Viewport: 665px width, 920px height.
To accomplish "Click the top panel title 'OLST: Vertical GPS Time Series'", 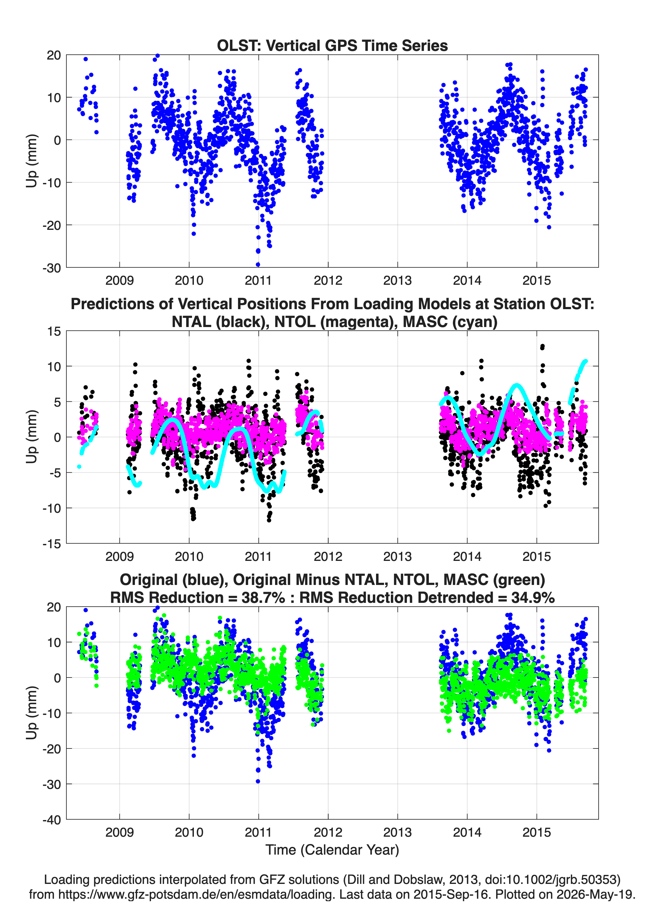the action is (332, 45).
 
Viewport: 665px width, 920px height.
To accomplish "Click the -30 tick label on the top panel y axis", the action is (52, 268).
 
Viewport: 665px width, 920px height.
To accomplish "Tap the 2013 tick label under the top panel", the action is (397, 280).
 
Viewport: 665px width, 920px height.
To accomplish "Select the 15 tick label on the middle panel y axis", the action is (54, 331).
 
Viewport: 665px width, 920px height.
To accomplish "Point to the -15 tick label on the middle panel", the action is (52, 544).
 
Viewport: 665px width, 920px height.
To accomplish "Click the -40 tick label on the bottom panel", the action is (52, 820).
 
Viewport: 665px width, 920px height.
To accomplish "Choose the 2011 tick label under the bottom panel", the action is (259, 832).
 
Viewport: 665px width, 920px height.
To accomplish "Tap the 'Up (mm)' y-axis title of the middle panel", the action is (32, 437).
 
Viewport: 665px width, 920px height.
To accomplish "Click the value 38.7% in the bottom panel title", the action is (263, 598).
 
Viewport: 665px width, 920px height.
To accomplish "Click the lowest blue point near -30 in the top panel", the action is (258, 264).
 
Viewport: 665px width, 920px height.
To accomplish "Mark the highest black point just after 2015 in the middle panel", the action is (542, 346).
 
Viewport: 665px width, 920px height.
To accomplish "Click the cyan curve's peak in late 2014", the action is (516, 385).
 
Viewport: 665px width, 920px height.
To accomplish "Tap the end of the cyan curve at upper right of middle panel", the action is (585, 361).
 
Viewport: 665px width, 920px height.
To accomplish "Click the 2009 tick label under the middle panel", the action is (119, 557).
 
